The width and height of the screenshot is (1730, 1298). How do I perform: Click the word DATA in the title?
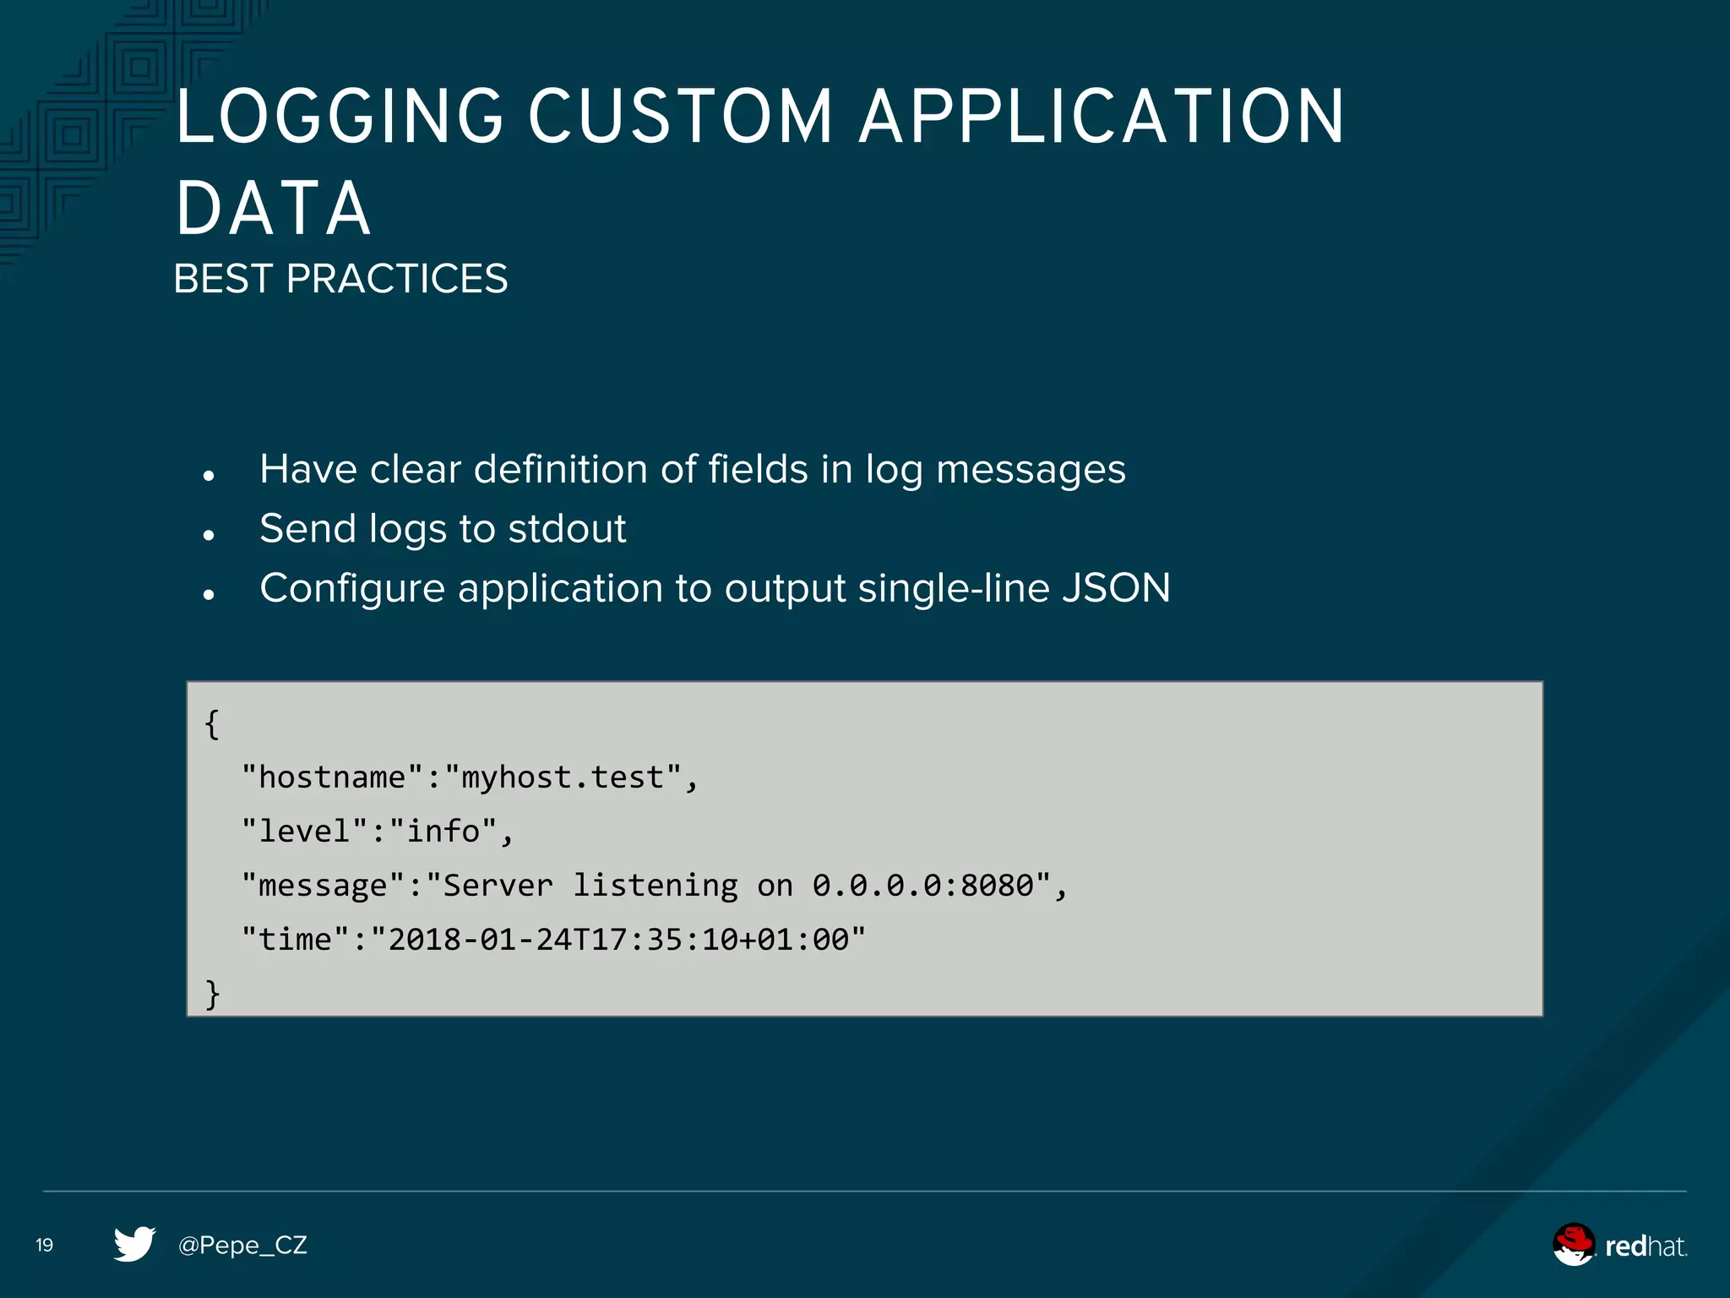[x=273, y=209]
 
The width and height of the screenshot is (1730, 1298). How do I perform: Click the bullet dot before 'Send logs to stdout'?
[x=209, y=535]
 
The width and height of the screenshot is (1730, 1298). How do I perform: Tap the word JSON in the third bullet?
[x=1116, y=588]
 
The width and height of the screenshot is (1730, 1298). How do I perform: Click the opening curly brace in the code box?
[x=212, y=724]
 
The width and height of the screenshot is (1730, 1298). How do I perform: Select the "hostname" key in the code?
[x=332, y=777]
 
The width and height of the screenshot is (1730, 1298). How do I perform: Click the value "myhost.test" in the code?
[x=563, y=777]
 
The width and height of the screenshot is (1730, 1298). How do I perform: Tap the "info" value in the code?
[x=443, y=832]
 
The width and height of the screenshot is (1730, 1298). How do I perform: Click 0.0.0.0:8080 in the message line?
[x=923, y=886]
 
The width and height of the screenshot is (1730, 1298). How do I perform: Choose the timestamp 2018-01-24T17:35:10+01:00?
[x=618, y=940]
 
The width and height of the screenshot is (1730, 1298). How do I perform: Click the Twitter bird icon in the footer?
[x=134, y=1244]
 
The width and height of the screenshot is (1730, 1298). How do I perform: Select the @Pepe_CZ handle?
[x=242, y=1246]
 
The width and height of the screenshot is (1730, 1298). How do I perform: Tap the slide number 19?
[x=45, y=1245]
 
